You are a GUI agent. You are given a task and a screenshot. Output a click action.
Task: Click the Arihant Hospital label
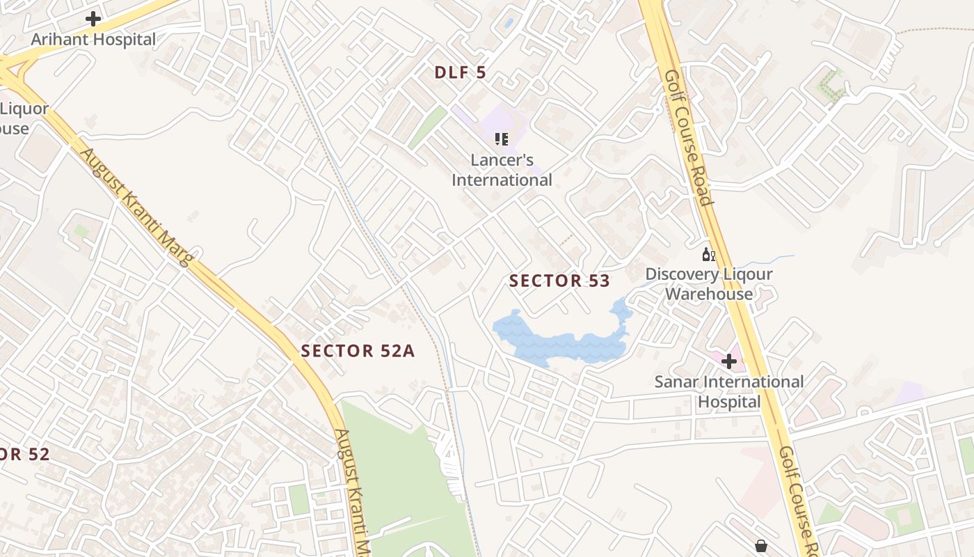click(x=93, y=40)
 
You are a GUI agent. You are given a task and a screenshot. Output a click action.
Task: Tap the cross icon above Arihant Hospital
click(x=93, y=19)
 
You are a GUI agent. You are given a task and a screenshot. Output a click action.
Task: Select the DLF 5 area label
click(x=461, y=72)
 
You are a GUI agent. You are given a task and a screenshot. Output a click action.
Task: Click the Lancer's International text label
click(x=502, y=170)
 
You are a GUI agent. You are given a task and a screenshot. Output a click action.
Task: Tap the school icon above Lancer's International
click(x=502, y=139)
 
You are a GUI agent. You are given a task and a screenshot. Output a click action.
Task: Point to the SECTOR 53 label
click(x=559, y=281)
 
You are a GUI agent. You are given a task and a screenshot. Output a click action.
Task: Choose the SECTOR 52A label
click(x=358, y=351)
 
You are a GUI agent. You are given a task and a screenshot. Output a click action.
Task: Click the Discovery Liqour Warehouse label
click(x=709, y=283)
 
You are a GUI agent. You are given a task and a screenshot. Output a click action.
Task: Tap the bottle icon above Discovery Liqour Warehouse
click(x=708, y=255)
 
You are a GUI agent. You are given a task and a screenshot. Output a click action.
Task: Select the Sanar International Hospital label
click(x=729, y=391)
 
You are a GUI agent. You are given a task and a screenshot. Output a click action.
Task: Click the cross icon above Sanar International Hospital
click(x=729, y=361)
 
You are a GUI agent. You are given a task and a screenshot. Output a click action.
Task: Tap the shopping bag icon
click(x=761, y=545)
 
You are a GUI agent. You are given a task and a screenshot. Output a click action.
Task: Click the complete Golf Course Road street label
click(x=688, y=138)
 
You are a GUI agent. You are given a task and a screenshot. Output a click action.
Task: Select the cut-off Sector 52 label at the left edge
click(x=24, y=455)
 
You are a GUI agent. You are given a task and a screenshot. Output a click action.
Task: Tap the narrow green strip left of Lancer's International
click(x=427, y=127)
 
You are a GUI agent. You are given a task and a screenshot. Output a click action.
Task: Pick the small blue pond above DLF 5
click(x=509, y=23)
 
